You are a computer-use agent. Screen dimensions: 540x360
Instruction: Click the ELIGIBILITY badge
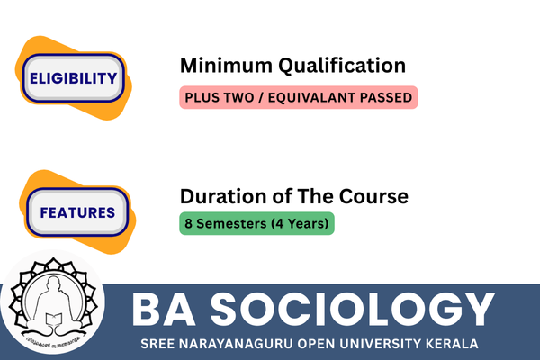[74, 78]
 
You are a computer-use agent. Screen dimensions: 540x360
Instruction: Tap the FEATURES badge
[77, 212]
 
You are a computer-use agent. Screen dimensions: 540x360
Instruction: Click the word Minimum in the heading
[226, 66]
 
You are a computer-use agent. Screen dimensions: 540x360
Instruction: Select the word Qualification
[342, 66]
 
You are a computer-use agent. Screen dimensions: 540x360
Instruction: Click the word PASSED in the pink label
[386, 97]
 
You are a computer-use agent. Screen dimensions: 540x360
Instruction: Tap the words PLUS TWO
[220, 97]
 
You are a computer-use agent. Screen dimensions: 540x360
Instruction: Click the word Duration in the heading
[224, 196]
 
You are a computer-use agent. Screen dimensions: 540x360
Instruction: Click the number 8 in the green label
[188, 223]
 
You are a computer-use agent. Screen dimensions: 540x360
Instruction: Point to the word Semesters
[231, 223]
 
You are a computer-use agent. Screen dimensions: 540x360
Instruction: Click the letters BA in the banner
[164, 309]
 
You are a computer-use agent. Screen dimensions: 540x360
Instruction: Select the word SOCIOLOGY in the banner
[353, 309]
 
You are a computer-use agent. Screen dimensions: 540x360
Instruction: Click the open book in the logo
[54, 319]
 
